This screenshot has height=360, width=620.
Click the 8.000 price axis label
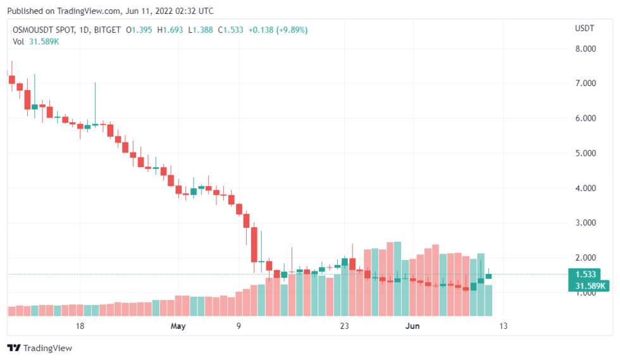tap(585, 49)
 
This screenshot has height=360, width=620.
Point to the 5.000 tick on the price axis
tap(585, 153)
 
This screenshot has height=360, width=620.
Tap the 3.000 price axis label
tap(585, 223)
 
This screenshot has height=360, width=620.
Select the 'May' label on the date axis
tap(178, 326)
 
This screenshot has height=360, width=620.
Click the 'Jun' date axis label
tap(412, 326)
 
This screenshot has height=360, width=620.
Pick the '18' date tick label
tap(80, 326)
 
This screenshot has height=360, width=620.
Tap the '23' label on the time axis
tap(344, 326)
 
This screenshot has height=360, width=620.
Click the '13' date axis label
tap(503, 326)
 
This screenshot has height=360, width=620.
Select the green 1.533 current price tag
tap(585, 274)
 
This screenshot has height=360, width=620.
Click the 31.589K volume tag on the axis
tap(589, 285)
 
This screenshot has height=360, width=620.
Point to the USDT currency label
tap(585, 28)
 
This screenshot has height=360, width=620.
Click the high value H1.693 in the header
tap(170, 30)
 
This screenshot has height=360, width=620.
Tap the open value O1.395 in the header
tap(139, 30)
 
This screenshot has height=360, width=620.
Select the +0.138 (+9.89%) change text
tap(278, 30)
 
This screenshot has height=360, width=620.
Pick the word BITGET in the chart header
tap(107, 30)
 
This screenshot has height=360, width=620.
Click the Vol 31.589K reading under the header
tap(36, 42)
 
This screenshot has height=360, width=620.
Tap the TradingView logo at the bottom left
tap(39, 348)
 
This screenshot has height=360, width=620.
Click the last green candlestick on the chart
tap(488, 276)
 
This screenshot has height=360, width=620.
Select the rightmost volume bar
tap(488, 301)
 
